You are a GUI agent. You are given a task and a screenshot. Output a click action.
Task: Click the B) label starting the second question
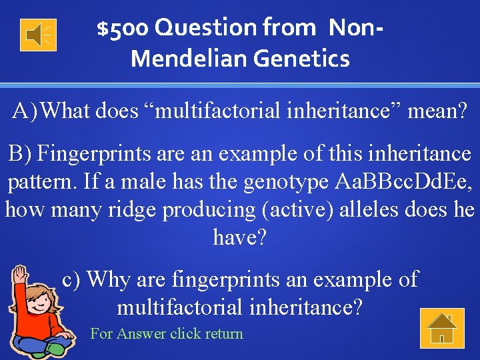[x=20, y=154]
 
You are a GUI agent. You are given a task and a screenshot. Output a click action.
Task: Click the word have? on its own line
[x=239, y=237]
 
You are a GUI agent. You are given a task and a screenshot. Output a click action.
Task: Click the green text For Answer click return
[x=167, y=333]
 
